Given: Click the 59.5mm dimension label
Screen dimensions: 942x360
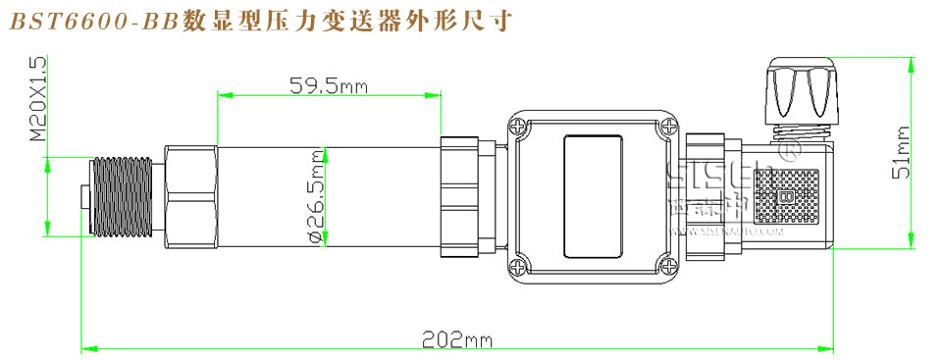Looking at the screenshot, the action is [x=328, y=85].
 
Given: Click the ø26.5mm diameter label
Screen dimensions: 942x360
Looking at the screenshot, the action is [x=316, y=196].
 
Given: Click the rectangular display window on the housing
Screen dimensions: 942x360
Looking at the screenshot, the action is [x=593, y=196].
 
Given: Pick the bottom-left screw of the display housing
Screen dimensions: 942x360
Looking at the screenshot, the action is [x=517, y=265].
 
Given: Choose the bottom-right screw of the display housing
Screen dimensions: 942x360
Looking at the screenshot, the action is [x=669, y=265].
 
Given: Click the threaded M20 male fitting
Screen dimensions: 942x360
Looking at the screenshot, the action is [x=120, y=195].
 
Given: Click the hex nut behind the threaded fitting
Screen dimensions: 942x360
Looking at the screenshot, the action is [x=190, y=196].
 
